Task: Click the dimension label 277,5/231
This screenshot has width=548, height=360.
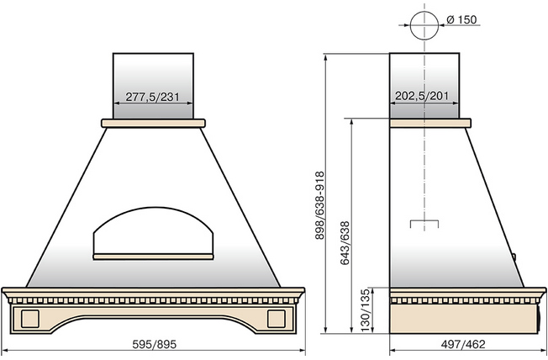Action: tap(152, 97)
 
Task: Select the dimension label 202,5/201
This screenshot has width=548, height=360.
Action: tap(422, 96)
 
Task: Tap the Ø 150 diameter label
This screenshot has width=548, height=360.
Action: tap(461, 19)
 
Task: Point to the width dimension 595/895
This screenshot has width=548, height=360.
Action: tap(154, 344)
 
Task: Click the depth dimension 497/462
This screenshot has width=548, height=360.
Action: tap(463, 344)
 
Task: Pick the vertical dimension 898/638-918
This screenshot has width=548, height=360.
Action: tap(319, 205)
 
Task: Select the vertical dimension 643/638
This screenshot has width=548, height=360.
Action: tap(345, 243)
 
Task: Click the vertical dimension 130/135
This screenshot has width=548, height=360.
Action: tap(365, 310)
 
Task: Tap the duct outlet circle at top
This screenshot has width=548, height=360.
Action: tap(424, 25)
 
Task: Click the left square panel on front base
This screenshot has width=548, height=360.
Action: tap(29, 319)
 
